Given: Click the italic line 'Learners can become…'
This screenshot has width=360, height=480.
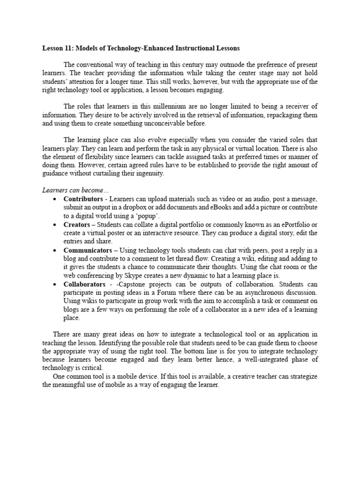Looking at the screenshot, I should click(x=68, y=190).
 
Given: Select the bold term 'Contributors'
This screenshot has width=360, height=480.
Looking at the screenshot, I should click(x=83, y=199).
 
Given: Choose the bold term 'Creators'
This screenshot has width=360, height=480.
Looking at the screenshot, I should click(x=76, y=225).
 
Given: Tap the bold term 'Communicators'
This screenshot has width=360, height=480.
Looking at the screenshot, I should click(x=88, y=250).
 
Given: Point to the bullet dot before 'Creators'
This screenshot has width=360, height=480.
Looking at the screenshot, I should click(x=55, y=225).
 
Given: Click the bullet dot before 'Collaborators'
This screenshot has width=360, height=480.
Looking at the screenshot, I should click(x=55, y=285).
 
